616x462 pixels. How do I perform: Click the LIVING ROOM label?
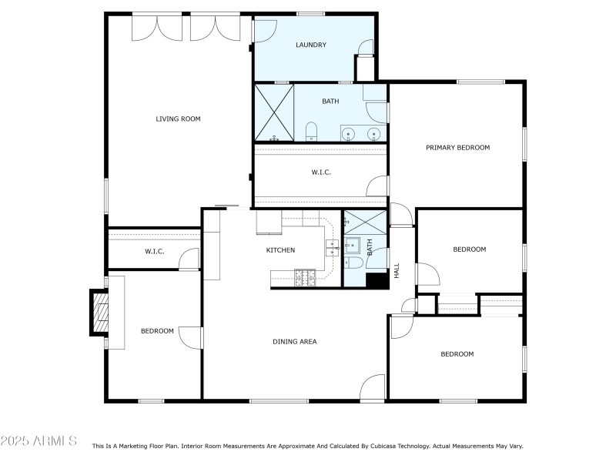tap(178, 119)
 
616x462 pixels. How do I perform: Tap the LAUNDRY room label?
tap(311, 45)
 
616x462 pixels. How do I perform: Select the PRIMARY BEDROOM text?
tap(457, 147)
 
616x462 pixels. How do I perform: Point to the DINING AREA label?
tap(294, 341)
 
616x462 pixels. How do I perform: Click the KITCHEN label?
tap(280, 250)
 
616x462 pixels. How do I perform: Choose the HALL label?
tap(397, 270)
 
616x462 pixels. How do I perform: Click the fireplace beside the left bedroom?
tap(100, 312)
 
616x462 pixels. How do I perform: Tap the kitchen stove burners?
tap(306, 276)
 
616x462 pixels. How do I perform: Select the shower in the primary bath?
tap(275, 112)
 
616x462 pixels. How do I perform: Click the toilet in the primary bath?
tap(312, 130)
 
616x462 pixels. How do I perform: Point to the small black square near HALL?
tap(377, 281)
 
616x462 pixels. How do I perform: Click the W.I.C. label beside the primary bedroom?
tap(321, 172)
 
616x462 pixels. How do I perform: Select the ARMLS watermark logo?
tap(38, 441)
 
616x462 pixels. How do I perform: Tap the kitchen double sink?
tap(333, 247)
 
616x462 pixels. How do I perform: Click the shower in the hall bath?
tap(364, 223)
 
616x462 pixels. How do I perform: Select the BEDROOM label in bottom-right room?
tap(457, 354)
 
